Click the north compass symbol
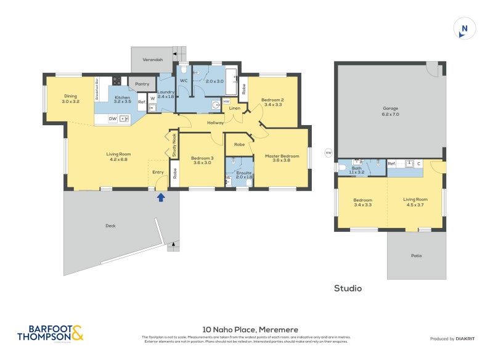(x=464, y=28)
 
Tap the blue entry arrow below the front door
(x=161, y=197)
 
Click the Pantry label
(x=142, y=84)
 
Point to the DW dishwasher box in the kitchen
(x=113, y=118)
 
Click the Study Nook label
(x=174, y=144)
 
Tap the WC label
(x=184, y=81)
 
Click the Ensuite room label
(x=244, y=174)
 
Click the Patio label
(x=417, y=256)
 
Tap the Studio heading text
(x=348, y=288)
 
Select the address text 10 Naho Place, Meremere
(x=245, y=330)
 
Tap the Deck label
(x=110, y=226)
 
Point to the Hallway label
(x=215, y=123)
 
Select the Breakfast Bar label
(x=97, y=89)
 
